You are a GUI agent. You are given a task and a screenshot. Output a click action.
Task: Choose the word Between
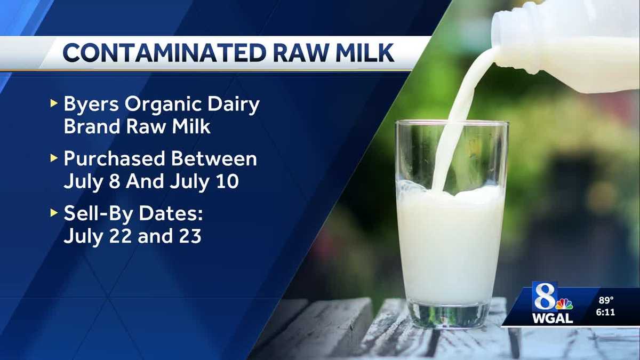220,158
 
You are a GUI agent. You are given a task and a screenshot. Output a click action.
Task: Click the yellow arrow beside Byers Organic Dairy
53,103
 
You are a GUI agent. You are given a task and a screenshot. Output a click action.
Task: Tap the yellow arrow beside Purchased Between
53,158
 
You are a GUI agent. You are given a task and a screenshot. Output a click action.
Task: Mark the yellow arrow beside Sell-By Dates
53,213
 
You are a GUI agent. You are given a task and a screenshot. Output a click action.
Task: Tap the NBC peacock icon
564,304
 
